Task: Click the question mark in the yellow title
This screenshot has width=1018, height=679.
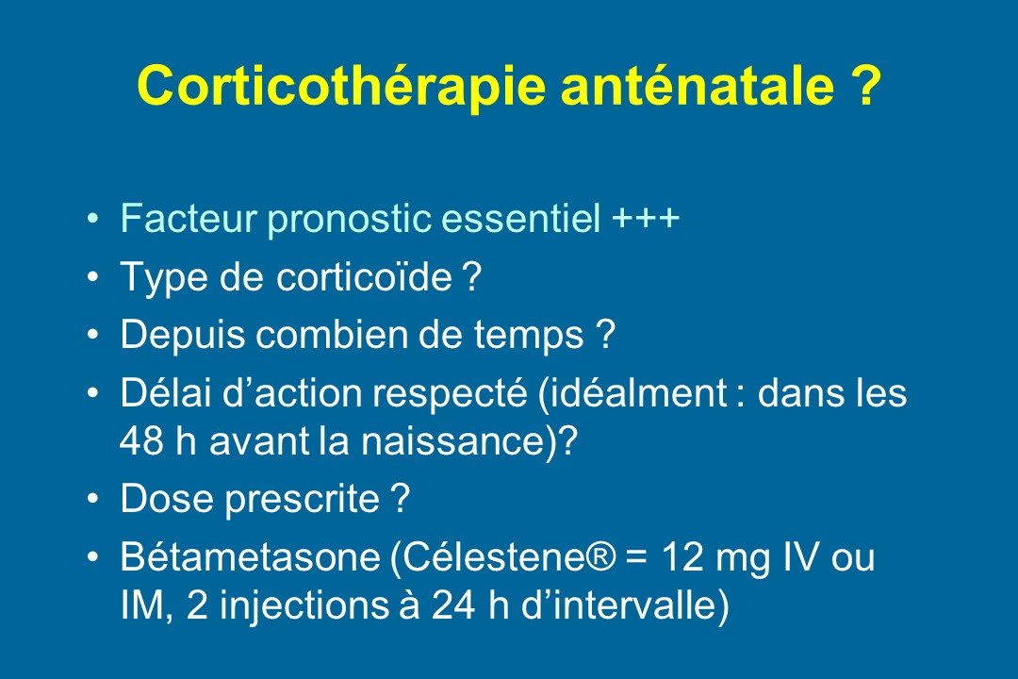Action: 864,85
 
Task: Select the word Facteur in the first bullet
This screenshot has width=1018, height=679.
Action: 189,218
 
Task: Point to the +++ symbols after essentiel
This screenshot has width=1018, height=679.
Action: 646,218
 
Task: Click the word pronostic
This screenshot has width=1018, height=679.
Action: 350,219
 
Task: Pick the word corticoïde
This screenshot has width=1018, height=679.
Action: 364,277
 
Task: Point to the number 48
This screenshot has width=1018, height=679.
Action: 140,441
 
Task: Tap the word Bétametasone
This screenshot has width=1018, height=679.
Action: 250,557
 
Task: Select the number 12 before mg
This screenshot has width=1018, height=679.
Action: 682,557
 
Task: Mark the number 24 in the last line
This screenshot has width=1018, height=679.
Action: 452,605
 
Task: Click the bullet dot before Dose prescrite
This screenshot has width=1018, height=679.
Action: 93,498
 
